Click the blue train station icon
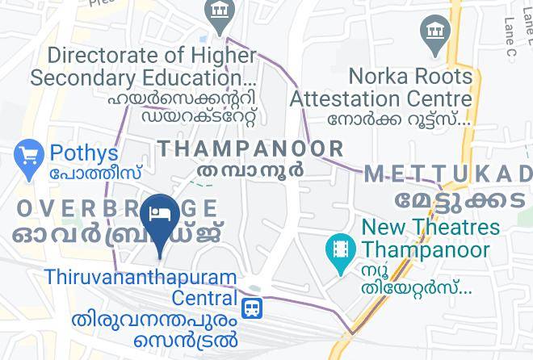coord(254,308)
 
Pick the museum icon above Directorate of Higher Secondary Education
coord(218,11)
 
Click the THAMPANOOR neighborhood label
coord(250,149)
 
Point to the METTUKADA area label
coord(448,174)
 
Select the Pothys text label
coord(83,153)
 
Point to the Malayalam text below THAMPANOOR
coord(250,171)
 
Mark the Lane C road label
coord(509,36)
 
